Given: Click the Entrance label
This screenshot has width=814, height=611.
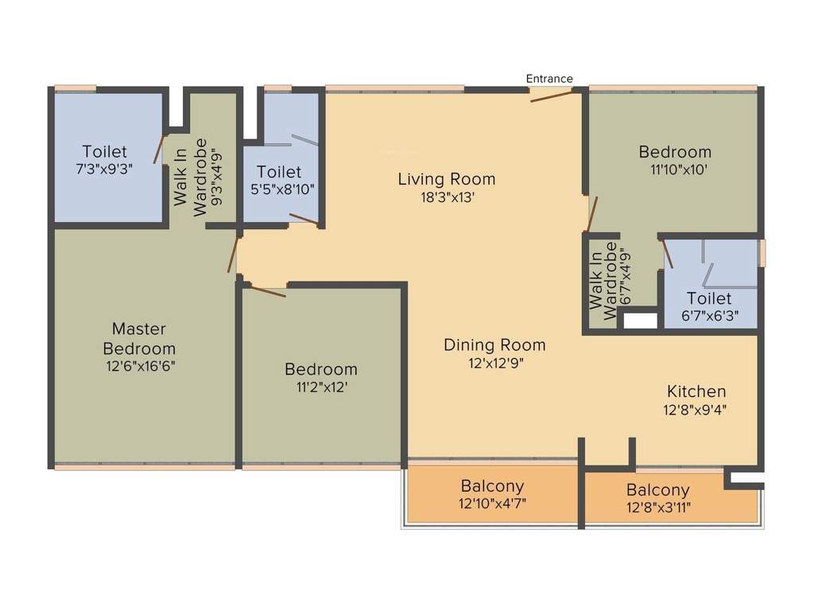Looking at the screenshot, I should pos(549,79).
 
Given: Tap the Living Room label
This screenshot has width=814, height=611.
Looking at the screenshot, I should pos(446,179).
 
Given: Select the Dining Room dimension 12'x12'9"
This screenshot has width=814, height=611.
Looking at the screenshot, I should pos(494,363).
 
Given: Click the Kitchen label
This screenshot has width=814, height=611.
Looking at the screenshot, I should pos(696,391).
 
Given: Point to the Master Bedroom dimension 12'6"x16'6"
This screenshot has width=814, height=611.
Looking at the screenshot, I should pos(139,367).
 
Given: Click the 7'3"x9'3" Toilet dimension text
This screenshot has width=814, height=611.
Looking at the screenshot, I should pos(104,169).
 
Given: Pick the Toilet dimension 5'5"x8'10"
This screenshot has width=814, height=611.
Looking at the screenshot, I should pos(279,189).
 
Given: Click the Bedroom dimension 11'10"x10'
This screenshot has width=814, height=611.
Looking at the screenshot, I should pos(675,169).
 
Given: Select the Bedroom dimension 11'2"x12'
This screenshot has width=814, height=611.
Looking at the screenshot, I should pos(321,387).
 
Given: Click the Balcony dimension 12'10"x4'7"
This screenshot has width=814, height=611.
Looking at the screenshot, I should pos(492,504).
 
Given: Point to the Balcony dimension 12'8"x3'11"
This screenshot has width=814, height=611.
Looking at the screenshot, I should pos(657,508).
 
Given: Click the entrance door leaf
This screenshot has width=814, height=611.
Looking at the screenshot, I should pos(551,96).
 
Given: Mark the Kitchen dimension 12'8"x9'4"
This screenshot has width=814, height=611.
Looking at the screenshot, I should pos(696,410).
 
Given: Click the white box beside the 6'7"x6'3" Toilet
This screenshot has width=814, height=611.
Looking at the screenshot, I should pos(641,321).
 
